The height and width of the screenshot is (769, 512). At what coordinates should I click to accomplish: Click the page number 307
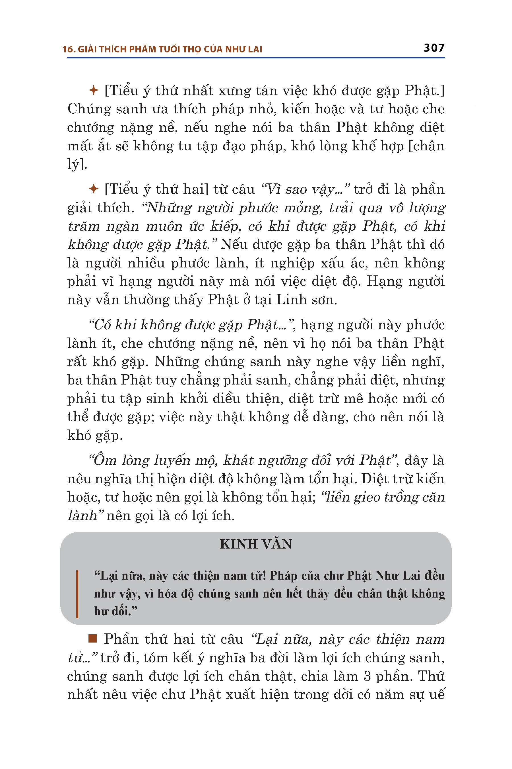[x=434, y=48]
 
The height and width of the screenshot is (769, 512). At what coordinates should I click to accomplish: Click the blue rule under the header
[x=256, y=58]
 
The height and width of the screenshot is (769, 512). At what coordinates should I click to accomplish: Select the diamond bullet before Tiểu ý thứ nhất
[x=94, y=90]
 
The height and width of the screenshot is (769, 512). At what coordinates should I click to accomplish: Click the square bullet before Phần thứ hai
[x=93, y=639]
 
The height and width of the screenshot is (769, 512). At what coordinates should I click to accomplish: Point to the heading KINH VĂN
[x=256, y=544]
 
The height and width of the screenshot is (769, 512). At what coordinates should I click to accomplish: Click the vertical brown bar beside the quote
[x=77, y=594]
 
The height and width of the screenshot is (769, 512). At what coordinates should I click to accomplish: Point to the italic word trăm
[x=84, y=226]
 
